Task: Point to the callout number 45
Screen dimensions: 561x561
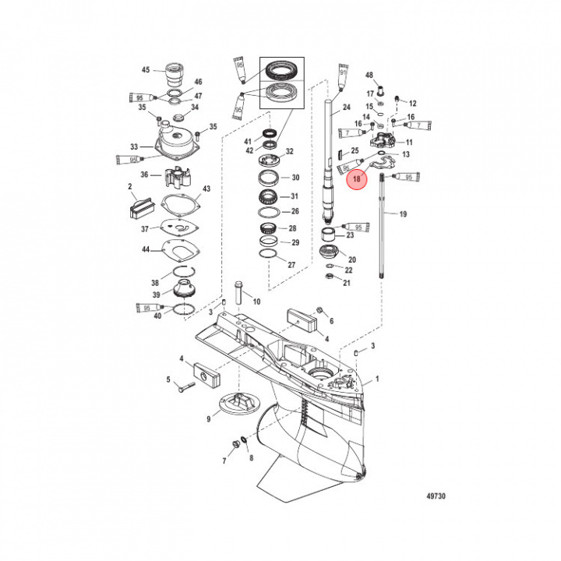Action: pyautogui.click(x=145, y=70)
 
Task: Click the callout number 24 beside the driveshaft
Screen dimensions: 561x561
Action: pyautogui.click(x=347, y=108)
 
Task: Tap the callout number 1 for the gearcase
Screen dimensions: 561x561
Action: pyautogui.click(x=379, y=379)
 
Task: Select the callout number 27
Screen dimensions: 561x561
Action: pyautogui.click(x=292, y=265)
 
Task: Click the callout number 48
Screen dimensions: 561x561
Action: pyautogui.click(x=369, y=75)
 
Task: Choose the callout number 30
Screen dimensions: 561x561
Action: pyautogui.click(x=295, y=178)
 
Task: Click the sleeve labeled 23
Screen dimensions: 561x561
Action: pyautogui.click(x=331, y=235)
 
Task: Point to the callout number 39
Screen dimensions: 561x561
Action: pyautogui.click(x=156, y=295)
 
